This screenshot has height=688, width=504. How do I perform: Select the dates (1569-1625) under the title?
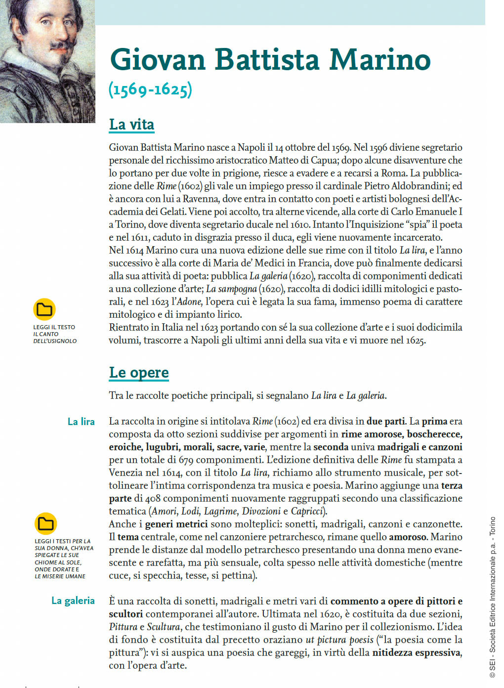[x=150, y=89]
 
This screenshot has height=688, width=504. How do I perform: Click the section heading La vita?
[x=131, y=125]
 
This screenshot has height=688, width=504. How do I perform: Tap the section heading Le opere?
[x=139, y=373]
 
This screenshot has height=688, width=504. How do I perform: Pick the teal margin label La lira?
[x=81, y=422]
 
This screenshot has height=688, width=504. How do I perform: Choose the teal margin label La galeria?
[x=73, y=601]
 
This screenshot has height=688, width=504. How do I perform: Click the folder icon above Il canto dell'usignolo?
[x=44, y=309]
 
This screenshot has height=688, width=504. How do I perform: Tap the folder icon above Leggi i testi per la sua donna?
[x=46, y=523]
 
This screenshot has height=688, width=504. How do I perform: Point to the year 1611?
[x=139, y=237]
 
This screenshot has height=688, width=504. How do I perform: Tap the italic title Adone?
[x=189, y=301]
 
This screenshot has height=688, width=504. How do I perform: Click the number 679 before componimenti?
[x=186, y=460]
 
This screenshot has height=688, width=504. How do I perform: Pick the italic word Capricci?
[x=307, y=511]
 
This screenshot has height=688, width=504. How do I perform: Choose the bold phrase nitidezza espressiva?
[x=417, y=652]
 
